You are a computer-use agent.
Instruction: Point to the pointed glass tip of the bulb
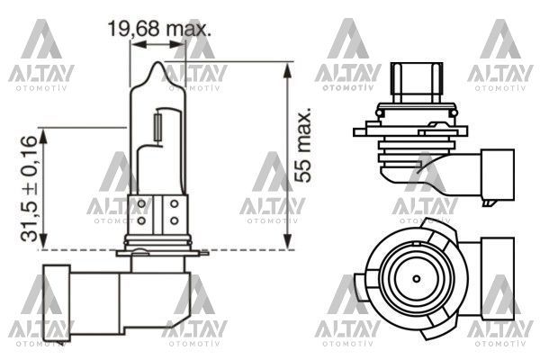click(158, 65)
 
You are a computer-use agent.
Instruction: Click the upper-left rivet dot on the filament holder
click(143, 203)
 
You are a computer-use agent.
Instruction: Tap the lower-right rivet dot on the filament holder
click(173, 220)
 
